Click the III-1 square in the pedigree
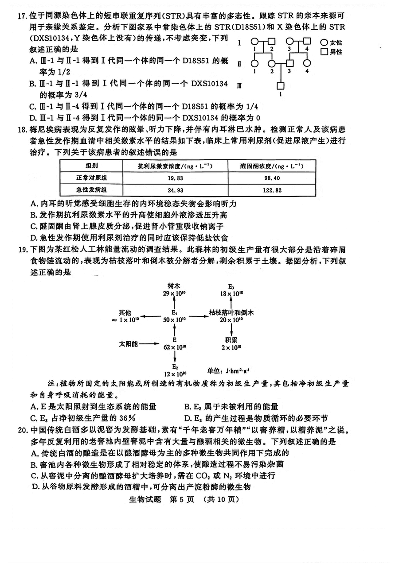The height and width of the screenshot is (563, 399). pyautogui.click(x=281, y=86)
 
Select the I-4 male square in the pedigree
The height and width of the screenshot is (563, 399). pyautogui.click(x=307, y=41)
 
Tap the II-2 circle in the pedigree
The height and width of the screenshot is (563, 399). pyautogui.click(x=272, y=63)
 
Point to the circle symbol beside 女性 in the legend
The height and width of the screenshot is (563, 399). pyautogui.click(x=324, y=42)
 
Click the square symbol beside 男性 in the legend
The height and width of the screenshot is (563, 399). pyautogui.click(x=324, y=52)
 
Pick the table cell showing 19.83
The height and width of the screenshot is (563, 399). pyautogui.click(x=176, y=178)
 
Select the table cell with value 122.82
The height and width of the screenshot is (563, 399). pyautogui.click(x=272, y=190)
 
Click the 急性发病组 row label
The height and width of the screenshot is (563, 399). pyautogui.click(x=91, y=190)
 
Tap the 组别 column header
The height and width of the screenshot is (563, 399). pyautogui.click(x=92, y=166)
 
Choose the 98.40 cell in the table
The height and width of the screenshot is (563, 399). pyautogui.click(x=272, y=178)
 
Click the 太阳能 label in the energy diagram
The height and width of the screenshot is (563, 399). pyautogui.click(x=129, y=344)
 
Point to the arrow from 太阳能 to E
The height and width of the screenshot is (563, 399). pyautogui.click(x=149, y=344)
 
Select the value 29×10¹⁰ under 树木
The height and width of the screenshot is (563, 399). pyautogui.click(x=174, y=293)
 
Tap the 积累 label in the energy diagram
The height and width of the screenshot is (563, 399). pyautogui.click(x=231, y=340)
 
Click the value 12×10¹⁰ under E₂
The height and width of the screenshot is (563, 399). pyautogui.click(x=175, y=374)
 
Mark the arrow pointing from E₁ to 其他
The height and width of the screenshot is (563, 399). pyautogui.click(x=151, y=316)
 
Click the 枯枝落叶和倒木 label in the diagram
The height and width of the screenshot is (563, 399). pyautogui.click(x=231, y=312)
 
